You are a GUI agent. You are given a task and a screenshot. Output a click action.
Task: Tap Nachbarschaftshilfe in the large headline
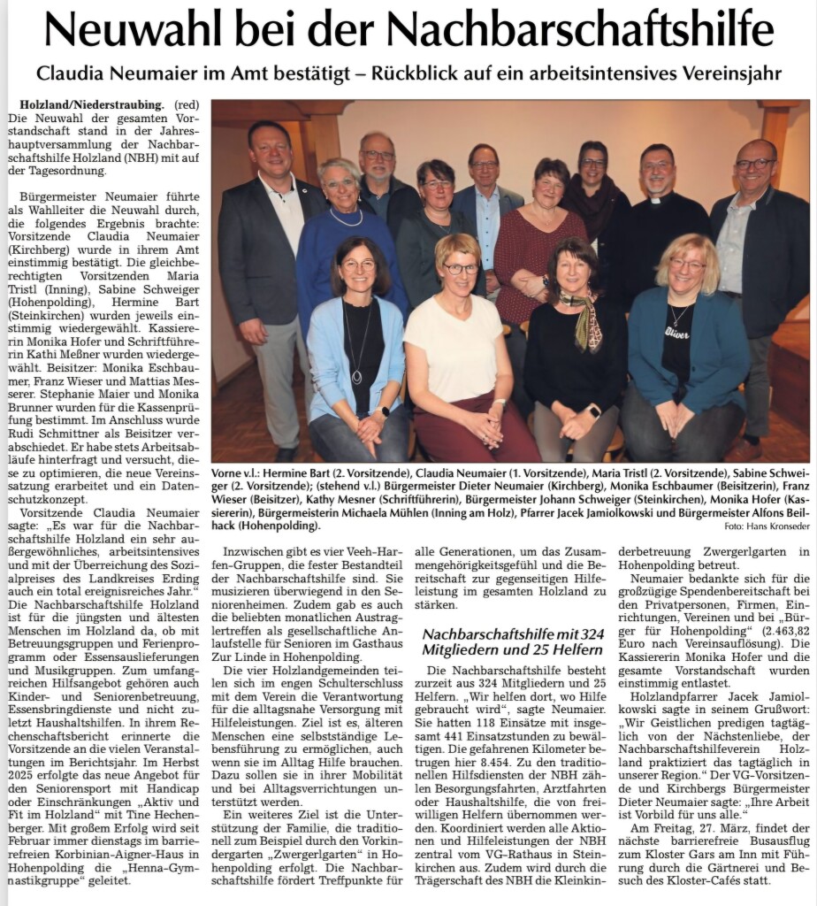point(580,30)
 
